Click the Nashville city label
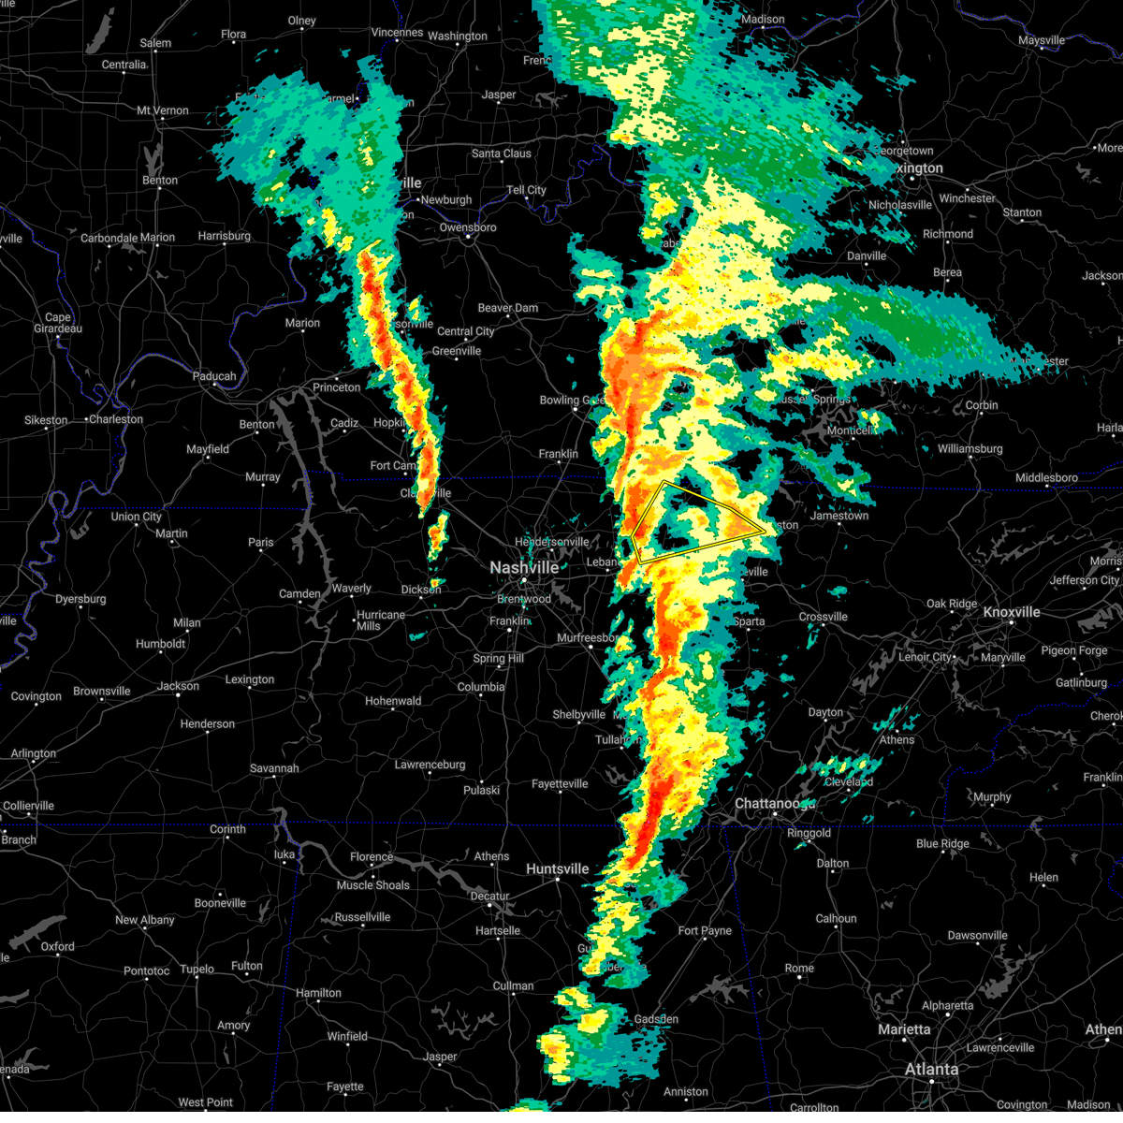pyautogui.click(x=524, y=568)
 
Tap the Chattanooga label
pyautogui.click(x=775, y=804)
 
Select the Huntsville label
pyautogui.click(x=558, y=869)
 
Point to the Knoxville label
pyautogui.click(x=1012, y=612)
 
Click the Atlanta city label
pyautogui.click(x=931, y=1069)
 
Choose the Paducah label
pyautogui.click(x=214, y=376)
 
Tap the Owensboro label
pyautogui.click(x=468, y=227)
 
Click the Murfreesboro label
pyautogui.click(x=588, y=638)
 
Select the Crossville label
pyautogui.click(x=824, y=617)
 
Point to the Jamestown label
pyautogui.click(x=839, y=516)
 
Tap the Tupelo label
pyautogui.click(x=197, y=969)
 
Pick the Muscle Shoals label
pyautogui.click(x=373, y=885)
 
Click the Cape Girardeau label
pyautogui.click(x=58, y=323)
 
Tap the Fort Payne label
pyautogui.click(x=705, y=931)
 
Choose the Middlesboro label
pyautogui.click(x=1046, y=478)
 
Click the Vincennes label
pyautogui.click(x=397, y=33)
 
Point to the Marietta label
pyautogui.click(x=904, y=1029)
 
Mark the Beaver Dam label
pyautogui.click(x=508, y=308)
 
